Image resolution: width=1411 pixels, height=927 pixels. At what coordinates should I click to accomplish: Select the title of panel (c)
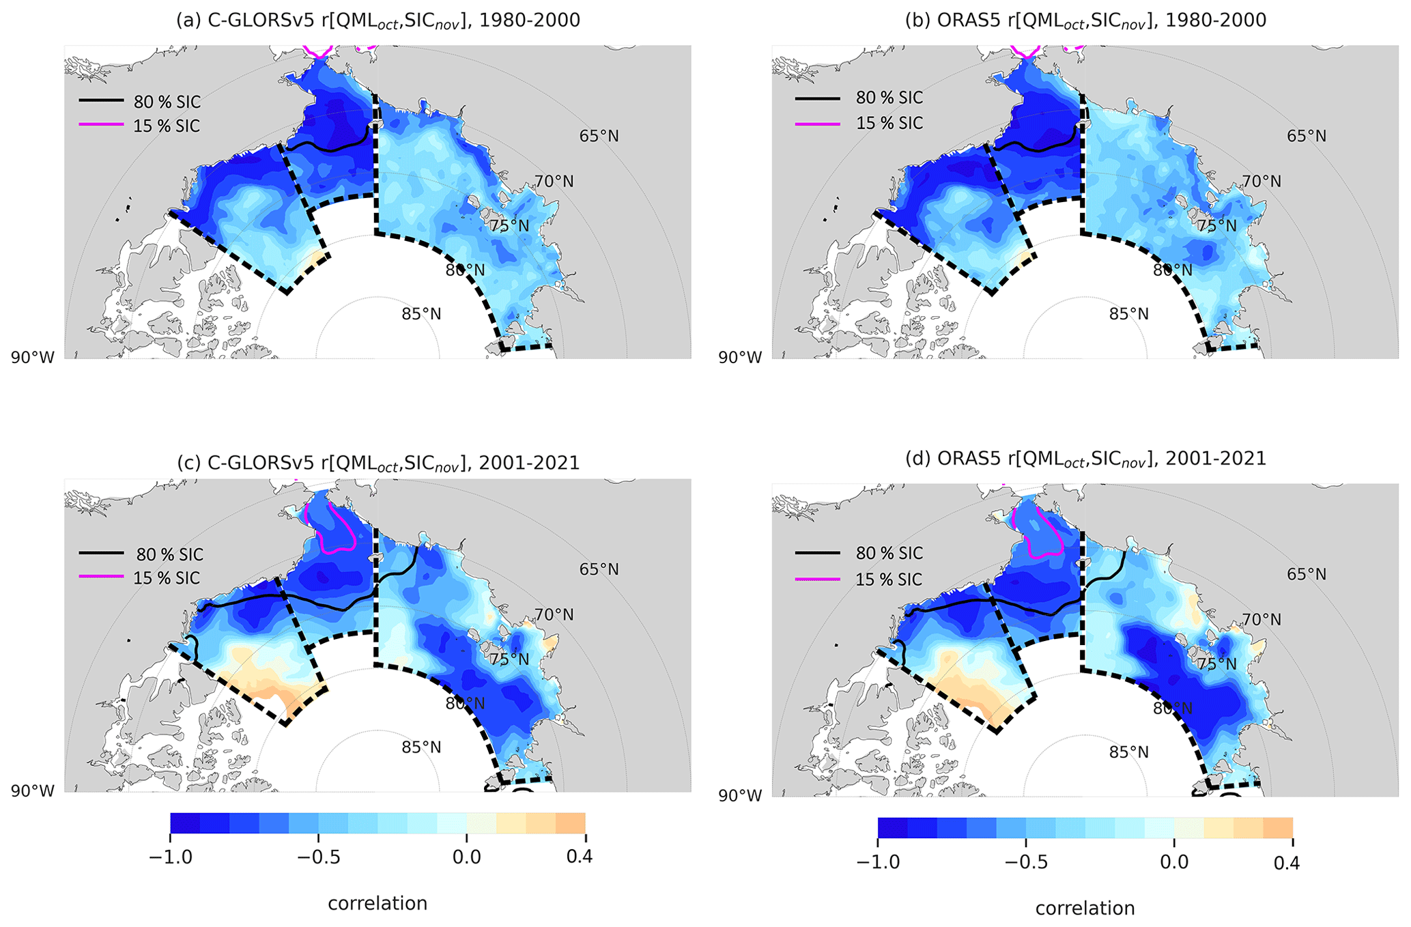(x=377, y=463)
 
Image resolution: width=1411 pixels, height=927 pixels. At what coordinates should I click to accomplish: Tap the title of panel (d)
(x=1085, y=459)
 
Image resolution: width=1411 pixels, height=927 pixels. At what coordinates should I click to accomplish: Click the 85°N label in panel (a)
(x=421, y=314)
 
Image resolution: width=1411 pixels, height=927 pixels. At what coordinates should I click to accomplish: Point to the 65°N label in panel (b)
(x=1307, y=136)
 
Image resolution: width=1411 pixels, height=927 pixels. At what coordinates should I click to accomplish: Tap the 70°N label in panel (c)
(x=554, y=615)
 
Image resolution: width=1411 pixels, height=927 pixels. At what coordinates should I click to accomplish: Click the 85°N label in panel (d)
(x=1128, y=752)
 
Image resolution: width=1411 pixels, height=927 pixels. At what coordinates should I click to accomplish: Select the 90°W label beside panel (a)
(x=32, y=357)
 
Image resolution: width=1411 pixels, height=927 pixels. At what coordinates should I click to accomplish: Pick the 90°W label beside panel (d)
(x=739, y=796)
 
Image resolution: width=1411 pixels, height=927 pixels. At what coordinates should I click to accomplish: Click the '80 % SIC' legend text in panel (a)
(x=167, y=102)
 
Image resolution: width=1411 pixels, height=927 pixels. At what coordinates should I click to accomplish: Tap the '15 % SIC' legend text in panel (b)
(x=889, y=124)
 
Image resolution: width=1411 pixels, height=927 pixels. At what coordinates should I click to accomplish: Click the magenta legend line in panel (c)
(x=102, y=577)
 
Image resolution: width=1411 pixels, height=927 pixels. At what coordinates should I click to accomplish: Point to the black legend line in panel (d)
(x=817, y=552)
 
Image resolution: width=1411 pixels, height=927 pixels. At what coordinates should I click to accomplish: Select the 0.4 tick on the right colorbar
(x=1286, y=863)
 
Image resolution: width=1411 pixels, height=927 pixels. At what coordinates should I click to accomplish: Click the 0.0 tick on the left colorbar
(x=467, y=857)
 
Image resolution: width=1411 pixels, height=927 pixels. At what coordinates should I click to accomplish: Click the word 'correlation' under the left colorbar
(x=377, y=904)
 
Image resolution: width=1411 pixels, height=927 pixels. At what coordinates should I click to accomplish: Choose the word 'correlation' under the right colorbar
(x=1085, y=909)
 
